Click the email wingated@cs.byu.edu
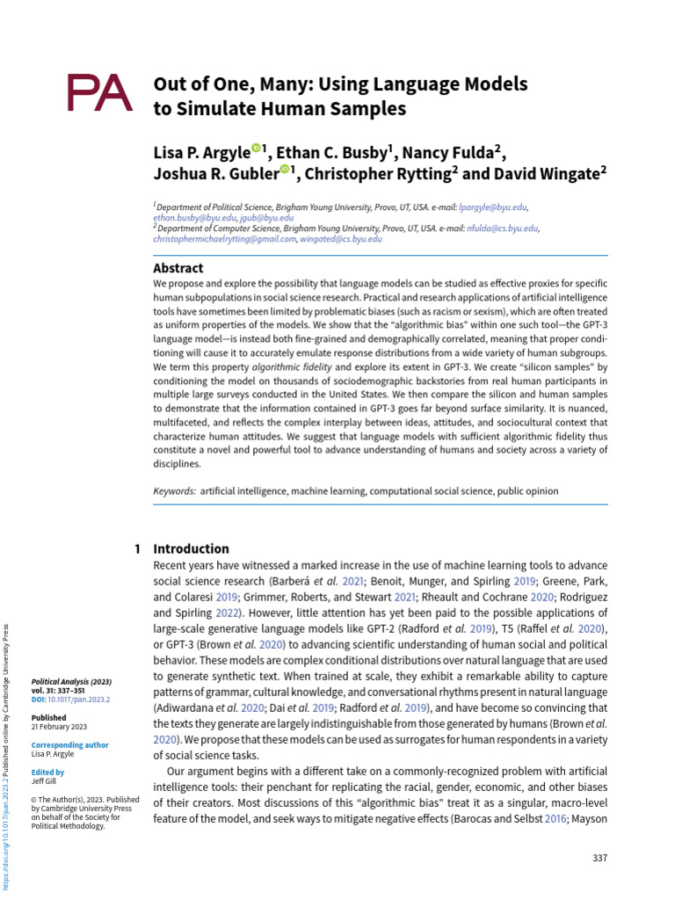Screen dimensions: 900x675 (341, 238)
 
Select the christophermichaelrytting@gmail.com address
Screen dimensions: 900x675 (224, 238)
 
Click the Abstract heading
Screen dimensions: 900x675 (178, 268)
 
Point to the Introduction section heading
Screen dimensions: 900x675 (191, 548)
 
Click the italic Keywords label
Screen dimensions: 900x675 (175, 490)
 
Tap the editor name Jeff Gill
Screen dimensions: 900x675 (44, 780)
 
